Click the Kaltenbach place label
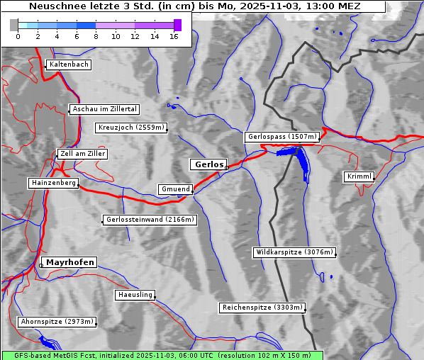[69, 64]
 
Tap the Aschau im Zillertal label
[105, 109]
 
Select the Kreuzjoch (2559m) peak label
[131, 128]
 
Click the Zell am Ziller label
[83, 154]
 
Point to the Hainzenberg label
[53, 183]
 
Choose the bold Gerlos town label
[208, 164]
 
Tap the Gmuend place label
[175, 189]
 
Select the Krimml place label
[359, 176]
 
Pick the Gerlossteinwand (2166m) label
[149, 220]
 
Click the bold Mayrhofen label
[69, 262]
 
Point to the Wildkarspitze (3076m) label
[294, 252]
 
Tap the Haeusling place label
[134, 295]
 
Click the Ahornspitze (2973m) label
[57, 322]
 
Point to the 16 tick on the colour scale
[174, 37]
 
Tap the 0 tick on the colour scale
[18, 37]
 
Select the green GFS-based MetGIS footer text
[162, 355]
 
